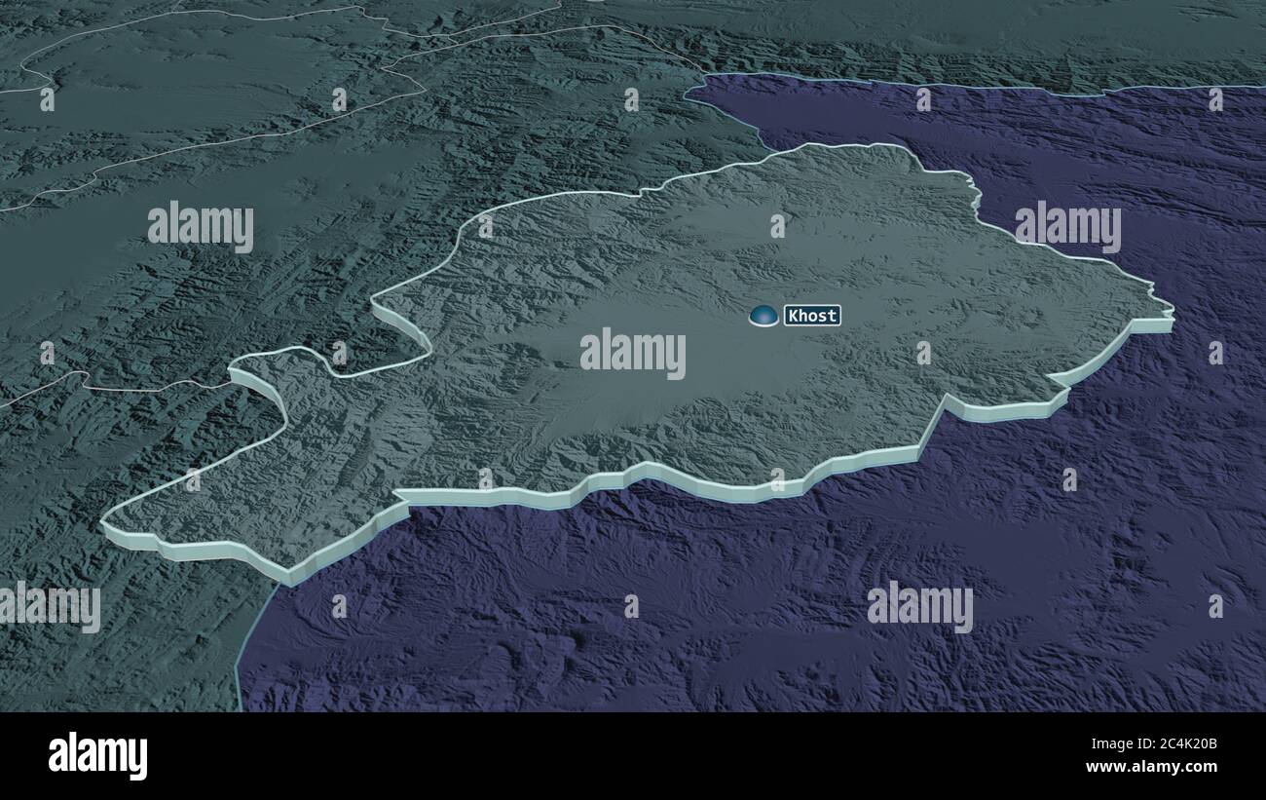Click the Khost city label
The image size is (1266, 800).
pos(812,316)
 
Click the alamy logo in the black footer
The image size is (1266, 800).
pos(97,756)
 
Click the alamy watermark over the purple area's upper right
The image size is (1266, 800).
pos(1067,226)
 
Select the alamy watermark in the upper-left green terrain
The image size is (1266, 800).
pos(201,226)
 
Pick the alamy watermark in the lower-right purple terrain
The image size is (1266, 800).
pos(919,606)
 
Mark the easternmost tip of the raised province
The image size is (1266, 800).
pos(1173,316)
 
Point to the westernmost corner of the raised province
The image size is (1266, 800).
pos(102,524)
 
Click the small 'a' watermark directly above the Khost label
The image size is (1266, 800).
pos(777,226)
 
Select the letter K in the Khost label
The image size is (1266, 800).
pos(793,316)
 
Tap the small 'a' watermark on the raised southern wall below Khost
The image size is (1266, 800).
pos(777,478)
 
